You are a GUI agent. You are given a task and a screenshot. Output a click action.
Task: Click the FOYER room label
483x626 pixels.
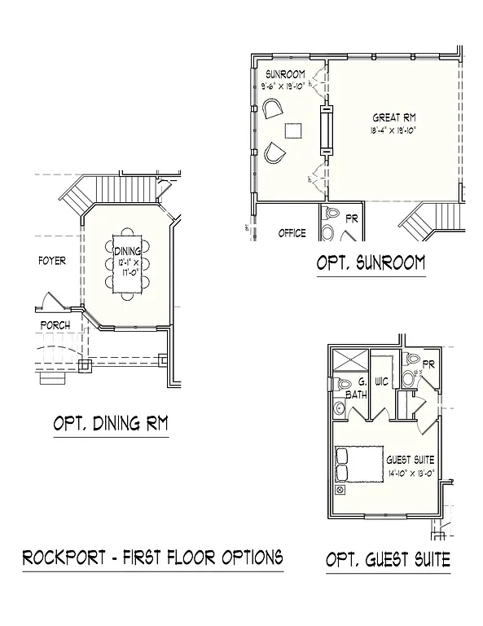[52, 261]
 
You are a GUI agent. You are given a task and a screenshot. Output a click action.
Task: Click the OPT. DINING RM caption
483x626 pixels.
[110, 423]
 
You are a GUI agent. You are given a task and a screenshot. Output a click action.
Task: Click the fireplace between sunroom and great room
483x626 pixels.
[326, 130]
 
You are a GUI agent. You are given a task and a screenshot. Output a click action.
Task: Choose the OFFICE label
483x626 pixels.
[292, 233]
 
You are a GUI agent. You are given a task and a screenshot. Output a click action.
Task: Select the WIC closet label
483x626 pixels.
[382, 381]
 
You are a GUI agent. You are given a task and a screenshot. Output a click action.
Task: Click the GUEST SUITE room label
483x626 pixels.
[411, 460]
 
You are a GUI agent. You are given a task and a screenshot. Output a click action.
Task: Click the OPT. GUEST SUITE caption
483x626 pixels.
[388, 560]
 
